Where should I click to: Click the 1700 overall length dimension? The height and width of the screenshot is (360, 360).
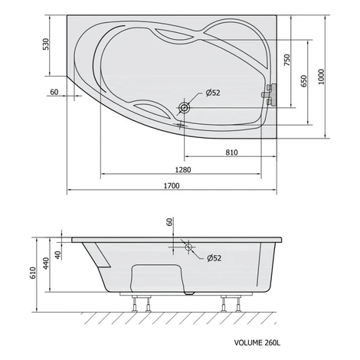[172, 185]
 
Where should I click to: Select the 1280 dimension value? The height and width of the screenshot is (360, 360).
[183, 169]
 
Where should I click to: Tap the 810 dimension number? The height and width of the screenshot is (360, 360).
[231, 152]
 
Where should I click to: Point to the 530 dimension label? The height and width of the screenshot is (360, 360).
[46, 44]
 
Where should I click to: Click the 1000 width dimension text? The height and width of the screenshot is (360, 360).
[321, 77]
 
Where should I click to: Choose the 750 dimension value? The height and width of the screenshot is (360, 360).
[287, 60]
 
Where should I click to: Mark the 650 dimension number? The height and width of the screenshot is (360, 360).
[303, 81]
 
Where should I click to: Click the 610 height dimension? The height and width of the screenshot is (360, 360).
[33, 273]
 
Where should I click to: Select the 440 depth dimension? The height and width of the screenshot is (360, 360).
[46, 263]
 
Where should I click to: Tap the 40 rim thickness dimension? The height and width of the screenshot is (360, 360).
[58, 255]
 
